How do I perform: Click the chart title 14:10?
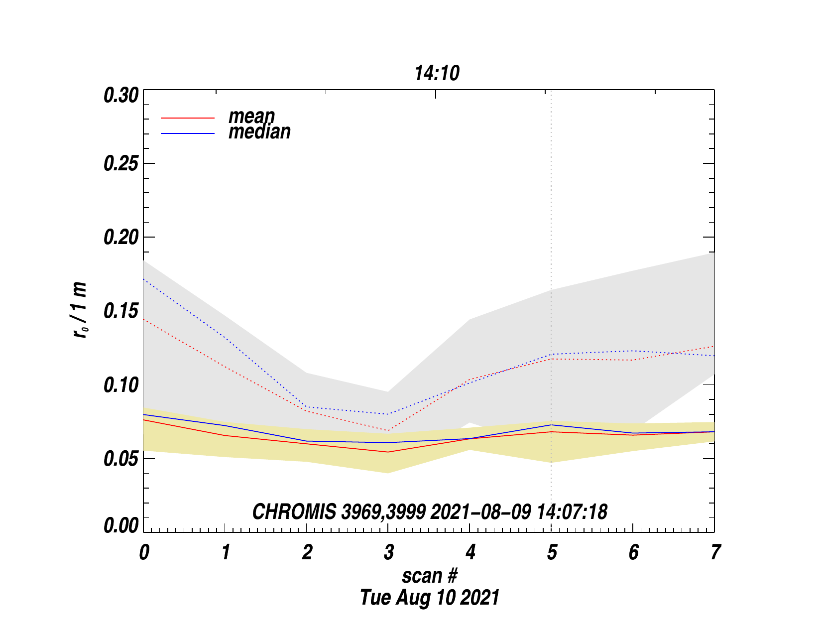[437, 74]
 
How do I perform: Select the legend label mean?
[251, 116]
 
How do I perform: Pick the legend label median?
[259, 132]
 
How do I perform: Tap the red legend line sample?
[188, 118]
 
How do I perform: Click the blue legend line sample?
[188, 133]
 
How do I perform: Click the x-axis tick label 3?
[388, 552]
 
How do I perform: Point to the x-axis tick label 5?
[552, 552]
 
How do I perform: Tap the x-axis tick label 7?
[715, 552]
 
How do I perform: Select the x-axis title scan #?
[429, 576]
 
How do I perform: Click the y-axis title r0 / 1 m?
[80, 310]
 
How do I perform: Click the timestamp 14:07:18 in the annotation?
[572, 512]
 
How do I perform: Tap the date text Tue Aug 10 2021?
[429, 597]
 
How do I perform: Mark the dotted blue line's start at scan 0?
[144, 279]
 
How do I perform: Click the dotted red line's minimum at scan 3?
[388, 430]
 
